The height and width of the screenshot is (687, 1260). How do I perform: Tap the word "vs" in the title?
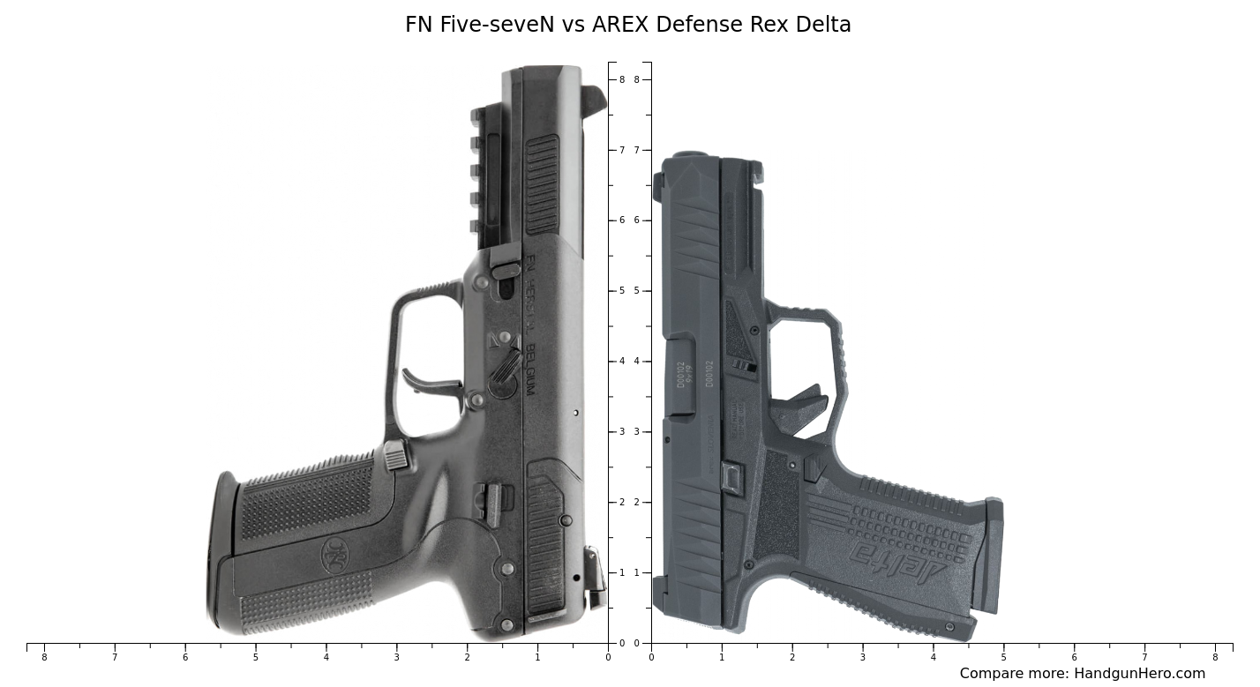574,25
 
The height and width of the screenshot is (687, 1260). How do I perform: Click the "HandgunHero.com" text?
1139,674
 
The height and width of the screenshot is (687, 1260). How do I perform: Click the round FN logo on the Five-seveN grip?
334,555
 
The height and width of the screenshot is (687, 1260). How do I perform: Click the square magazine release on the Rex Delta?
731,477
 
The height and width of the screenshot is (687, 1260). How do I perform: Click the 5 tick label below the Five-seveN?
256,657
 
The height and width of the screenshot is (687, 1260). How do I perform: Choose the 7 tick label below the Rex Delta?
1144,657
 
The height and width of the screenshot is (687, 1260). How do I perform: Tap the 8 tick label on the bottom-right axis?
1215,657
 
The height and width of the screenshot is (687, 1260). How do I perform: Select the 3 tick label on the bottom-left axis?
396,657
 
